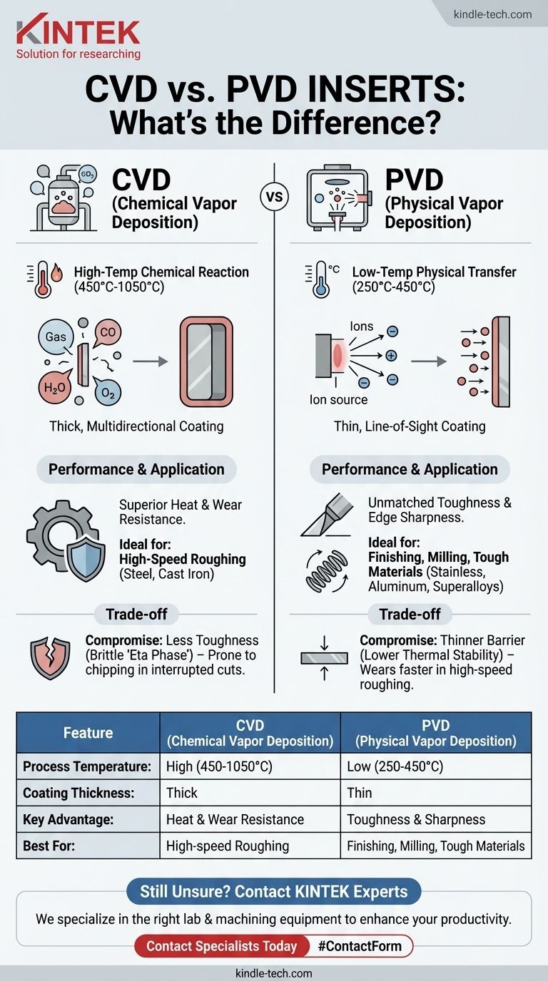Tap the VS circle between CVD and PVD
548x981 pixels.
pyautogui.click(x=275, y=197)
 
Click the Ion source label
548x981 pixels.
pyautogui.click(x=339, y=399)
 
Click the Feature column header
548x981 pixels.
pyautogui.click(x=88, y=732)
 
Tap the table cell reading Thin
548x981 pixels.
pyautogui.click(x=360, y=793)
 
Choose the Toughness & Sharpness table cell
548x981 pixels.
pyautogui.click(x=416, y=819)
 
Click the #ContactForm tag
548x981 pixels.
pyautogui.click(x=360, y=946)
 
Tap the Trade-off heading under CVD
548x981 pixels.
pyautogui.click(x=137, y=614)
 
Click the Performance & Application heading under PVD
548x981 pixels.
pyautogui.click(x=410, y=469)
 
